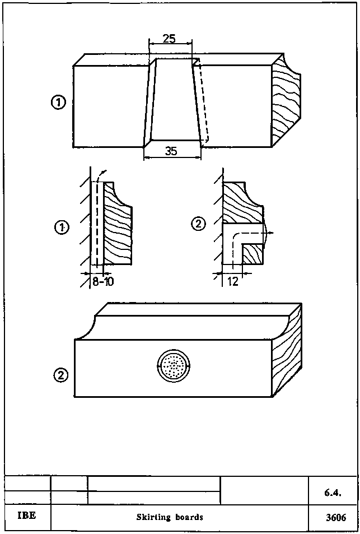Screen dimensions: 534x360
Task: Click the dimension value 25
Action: click(x=169, y=39)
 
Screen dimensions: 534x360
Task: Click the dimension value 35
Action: click(x=172, y=150)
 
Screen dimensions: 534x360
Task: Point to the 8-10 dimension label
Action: click(x=102, y=281)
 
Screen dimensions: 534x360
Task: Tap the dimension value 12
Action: click(x=233, y=281)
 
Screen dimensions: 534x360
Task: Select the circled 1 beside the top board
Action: click(x=58, y=103)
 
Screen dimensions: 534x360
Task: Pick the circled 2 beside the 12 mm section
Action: click(x=198, y=224)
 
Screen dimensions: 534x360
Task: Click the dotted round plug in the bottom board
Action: click(x=174, y=367)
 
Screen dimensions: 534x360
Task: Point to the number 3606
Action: click(x=336, y=518)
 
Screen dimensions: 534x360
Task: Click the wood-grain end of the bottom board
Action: click(x=287, y=353)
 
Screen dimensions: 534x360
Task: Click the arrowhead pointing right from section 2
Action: click(x=271, y=231)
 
